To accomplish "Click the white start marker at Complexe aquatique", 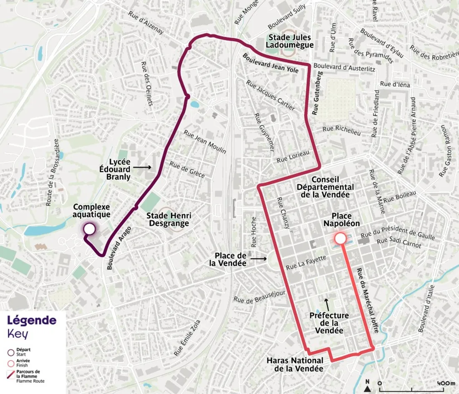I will [89, 229].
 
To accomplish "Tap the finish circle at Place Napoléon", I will [340, 238].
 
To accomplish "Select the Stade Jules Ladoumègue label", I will [291, 41].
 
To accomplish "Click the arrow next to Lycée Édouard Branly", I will [143, 167].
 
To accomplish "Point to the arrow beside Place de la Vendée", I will [259, 259].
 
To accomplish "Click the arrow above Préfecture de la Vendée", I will [327, 303].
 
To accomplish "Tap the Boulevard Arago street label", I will [119, 249].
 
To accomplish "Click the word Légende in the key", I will [32, 321].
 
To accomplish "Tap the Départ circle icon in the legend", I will [11, 351].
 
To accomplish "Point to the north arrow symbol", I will [367, 388].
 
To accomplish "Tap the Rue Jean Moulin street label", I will [205, 142].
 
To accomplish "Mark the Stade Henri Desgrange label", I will [169, 219].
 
